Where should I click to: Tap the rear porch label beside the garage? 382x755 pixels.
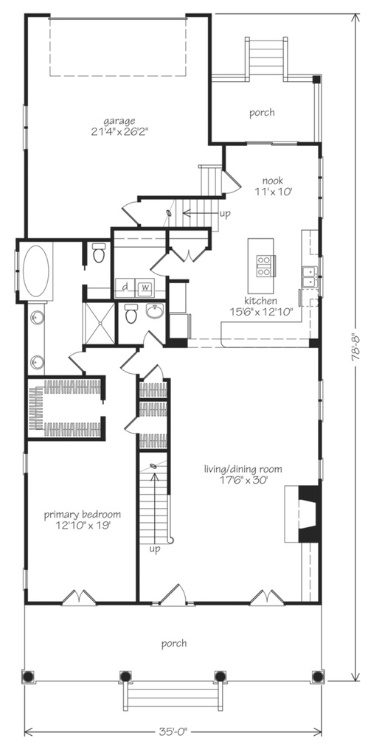(x=262, y=113)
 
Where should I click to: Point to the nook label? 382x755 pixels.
(x=274, y=179)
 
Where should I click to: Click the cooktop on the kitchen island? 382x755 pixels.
(x=263, y=265)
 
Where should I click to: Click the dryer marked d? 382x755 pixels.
(x=126, y=287)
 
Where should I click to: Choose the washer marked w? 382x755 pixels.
(x=145, y=287)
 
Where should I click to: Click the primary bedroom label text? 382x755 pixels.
(x=82, y=515)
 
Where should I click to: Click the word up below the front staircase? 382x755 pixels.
(x=155, y=549)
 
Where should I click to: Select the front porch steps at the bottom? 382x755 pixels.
(x=172, y=694)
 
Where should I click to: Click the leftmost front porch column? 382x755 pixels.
(x=29, y=675)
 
